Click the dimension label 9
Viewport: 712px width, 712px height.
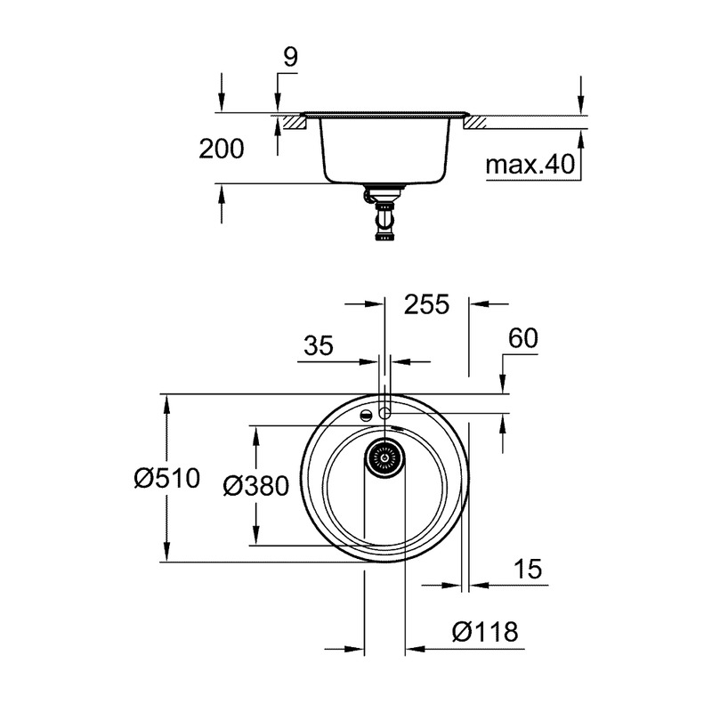[x=290, y=57]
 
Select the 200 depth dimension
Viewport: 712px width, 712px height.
[x=221, y=149]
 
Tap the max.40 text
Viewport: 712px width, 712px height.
[x=530, y=165]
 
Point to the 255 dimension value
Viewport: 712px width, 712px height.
[x=426, y=304]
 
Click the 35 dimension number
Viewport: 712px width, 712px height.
[x=319, y=345]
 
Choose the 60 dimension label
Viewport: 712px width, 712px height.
[x=523, y=338]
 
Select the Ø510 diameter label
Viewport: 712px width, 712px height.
[x=167, y=478]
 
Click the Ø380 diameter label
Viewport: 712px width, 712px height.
[x=256, y=486]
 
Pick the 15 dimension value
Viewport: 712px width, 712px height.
[x=528, y=569]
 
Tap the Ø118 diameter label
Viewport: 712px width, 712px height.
[x=485, y=632]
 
